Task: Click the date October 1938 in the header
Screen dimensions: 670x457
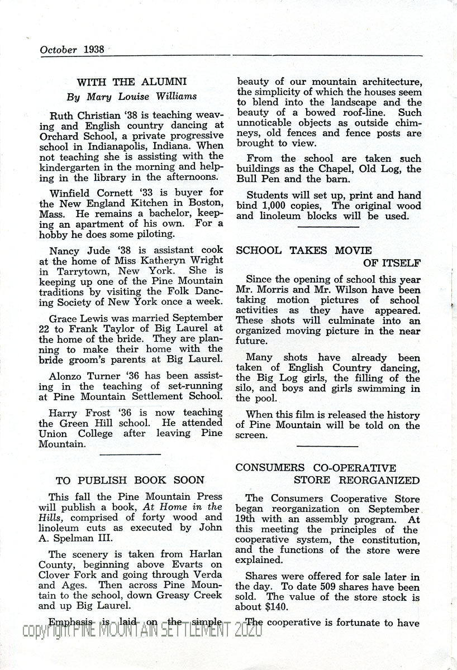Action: click(x=72, y=49)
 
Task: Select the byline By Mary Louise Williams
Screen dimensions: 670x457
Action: click(x=131, y=96)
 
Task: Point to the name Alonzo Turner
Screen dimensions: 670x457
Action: click(x=80, y=377)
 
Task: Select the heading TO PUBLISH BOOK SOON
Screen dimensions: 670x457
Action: click(x=130, y=480)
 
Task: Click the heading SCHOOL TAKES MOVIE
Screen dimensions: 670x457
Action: click(x=304, y=251)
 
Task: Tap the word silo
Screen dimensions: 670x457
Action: click(x=245, y=389)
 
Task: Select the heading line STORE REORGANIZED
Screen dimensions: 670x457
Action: click(x=356, y=480)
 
